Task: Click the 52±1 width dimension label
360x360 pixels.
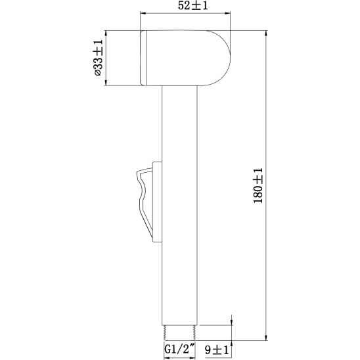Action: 192,6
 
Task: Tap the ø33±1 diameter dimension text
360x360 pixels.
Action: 98,58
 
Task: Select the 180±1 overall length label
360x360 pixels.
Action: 258,185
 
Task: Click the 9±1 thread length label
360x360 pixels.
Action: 217,350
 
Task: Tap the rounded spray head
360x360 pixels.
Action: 185,58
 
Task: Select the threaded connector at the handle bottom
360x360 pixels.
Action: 179,332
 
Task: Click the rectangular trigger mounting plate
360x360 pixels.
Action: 158,202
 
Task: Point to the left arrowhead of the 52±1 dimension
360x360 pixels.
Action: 143,13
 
